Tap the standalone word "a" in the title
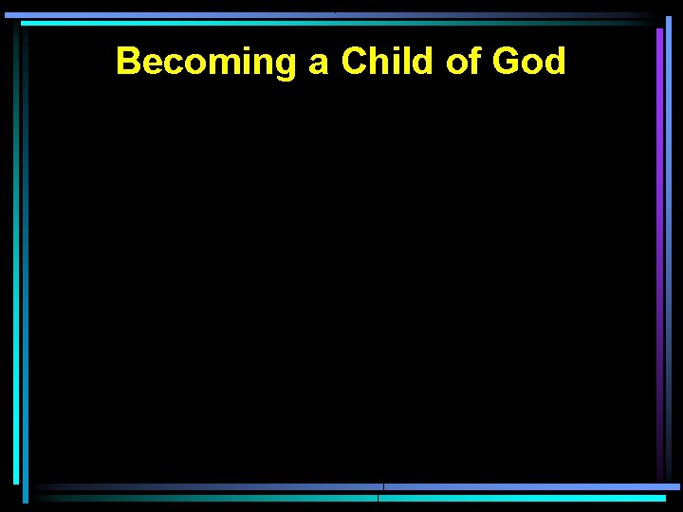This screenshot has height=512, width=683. click(x=319, y=64)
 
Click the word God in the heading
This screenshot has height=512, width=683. click(x=529, y=62)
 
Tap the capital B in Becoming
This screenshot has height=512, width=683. click(x=127, y=62)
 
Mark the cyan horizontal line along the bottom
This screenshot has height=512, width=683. click(x=522, y=497)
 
